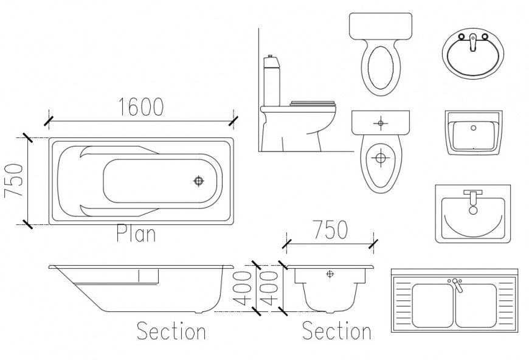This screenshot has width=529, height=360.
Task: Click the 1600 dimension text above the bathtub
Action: pyautogui.click(x=141, y=107)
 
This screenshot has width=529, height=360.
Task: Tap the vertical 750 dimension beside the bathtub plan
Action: pyautogui.click(x=13, y=181)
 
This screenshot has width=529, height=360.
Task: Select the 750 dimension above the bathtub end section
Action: pyautogui.click(x=330, y=230)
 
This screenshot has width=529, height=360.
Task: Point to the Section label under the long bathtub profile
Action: pyautogui.click(x=171, y=331)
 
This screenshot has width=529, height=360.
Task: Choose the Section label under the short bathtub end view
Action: pyautogui.click(x=336, y=331)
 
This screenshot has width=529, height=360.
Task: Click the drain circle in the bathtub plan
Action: pyautogui.click(x=199, y=181)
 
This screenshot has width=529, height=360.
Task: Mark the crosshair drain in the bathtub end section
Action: pyautogui.click(x=330, y=274)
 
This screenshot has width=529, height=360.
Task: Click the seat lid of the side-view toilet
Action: pyautogui.click(x=313, y=103)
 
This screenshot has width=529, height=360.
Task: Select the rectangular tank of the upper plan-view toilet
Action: pyautogui.click(x=381, y=26)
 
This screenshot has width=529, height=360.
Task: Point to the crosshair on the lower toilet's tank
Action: pyautogui.click(x=381, y=123)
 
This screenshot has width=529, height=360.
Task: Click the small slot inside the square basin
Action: pyautogui.click(x=473, y=128)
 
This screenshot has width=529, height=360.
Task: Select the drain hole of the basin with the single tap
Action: pyautogui.click(x=473, y=211)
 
